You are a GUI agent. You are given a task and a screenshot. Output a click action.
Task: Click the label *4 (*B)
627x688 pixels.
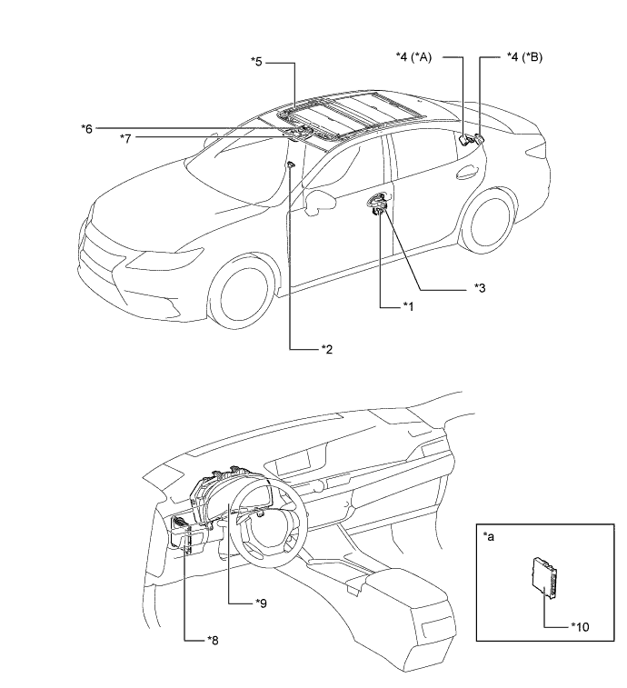click(525, 57)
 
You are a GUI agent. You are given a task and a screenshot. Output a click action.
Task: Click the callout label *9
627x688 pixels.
click(581, 626)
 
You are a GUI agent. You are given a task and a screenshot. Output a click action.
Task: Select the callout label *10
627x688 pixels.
click(489, 538)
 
